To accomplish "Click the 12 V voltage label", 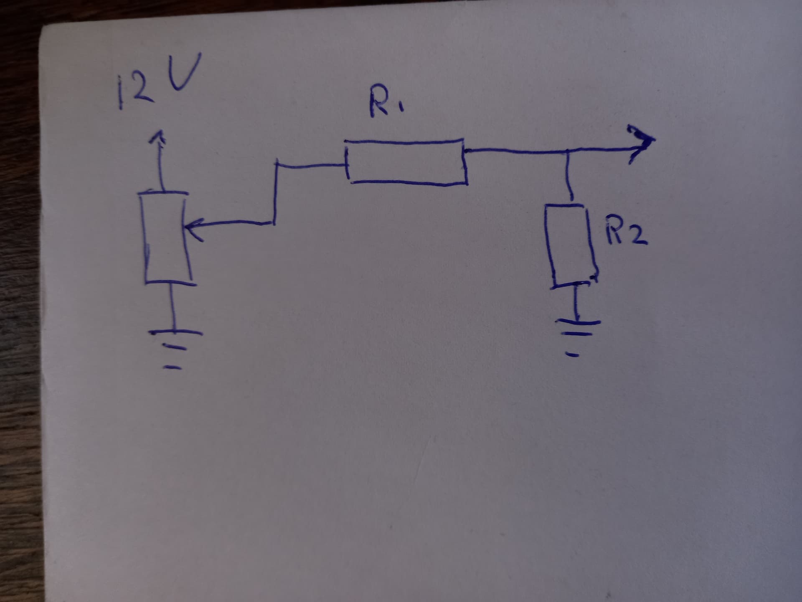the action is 158,82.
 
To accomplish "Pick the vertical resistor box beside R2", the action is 571,245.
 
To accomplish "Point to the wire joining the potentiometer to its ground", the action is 172,307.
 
